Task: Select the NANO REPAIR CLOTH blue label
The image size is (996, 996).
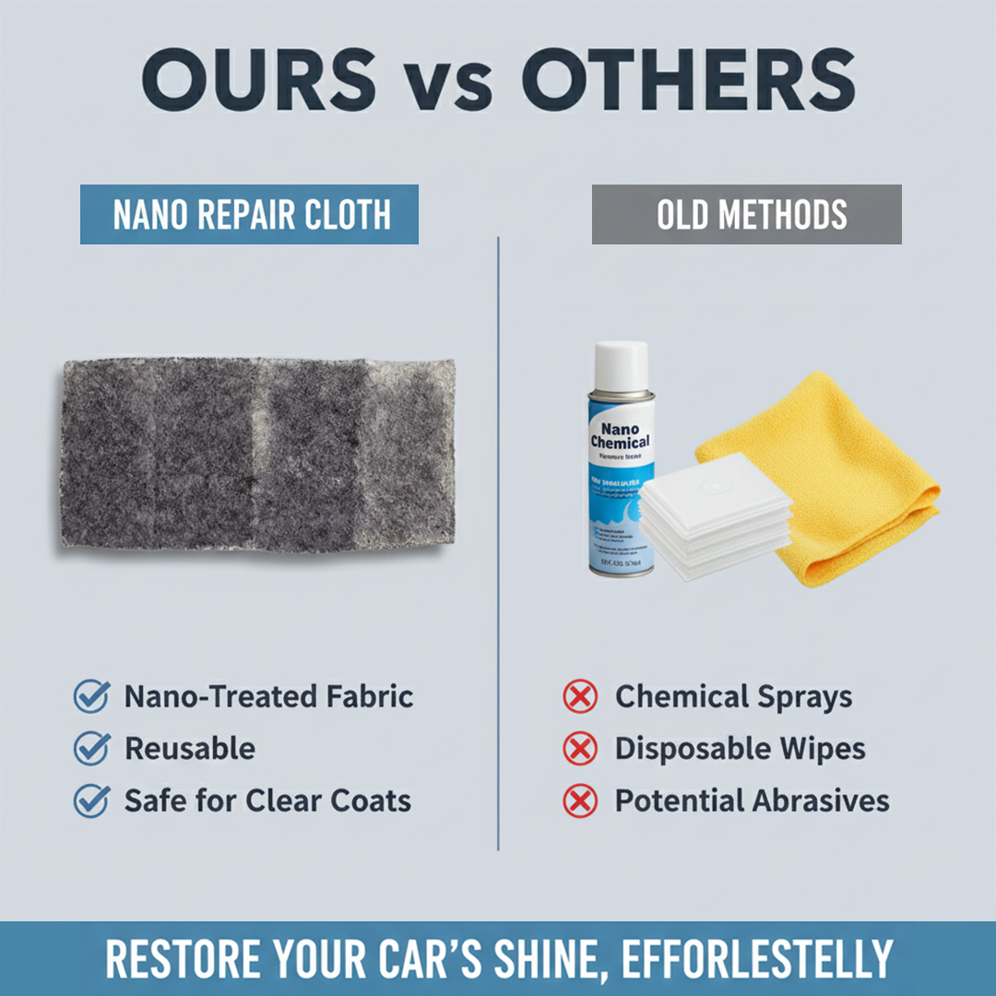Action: (x=249, y=215)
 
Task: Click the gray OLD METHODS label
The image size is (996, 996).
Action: (x=746, y=215)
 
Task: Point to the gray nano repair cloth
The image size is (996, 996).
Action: (x=258, y=453)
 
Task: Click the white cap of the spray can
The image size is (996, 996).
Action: (x=621, y=364)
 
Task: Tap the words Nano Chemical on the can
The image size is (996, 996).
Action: (x=620, y=435)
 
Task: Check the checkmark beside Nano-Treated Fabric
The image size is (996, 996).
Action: (x=91, y=696)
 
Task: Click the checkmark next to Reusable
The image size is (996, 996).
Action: (x=91, y=749)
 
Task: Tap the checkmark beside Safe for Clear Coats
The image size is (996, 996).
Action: (x=91, y=800)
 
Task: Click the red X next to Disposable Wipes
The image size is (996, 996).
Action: (x=580, y=749)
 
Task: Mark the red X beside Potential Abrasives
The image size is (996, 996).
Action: (x=580, y=800)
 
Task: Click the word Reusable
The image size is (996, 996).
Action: (x=190, y=749)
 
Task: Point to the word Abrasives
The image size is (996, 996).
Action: (x=821, y=800)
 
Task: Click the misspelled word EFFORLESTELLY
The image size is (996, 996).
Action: (x=756, y=959)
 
